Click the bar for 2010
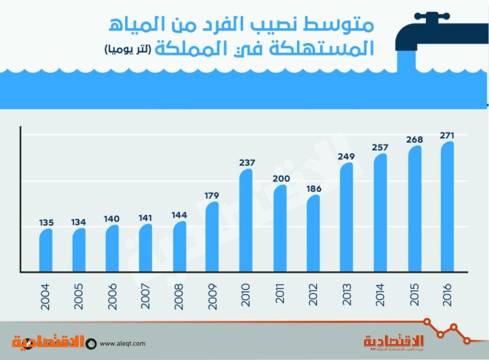[x=246, y=221]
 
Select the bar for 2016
[x=446, y=207]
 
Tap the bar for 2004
[x=46, y=250]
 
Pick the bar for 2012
[x=313, y=233]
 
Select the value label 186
[x=313, y=189]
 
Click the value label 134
[x=79, y=221]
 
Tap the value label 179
[x=213, y=196]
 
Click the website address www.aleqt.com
[x=122, y=343]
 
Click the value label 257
[x=379, y=147]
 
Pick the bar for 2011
[x=279, y=228]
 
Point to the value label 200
[x=279, y=178]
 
